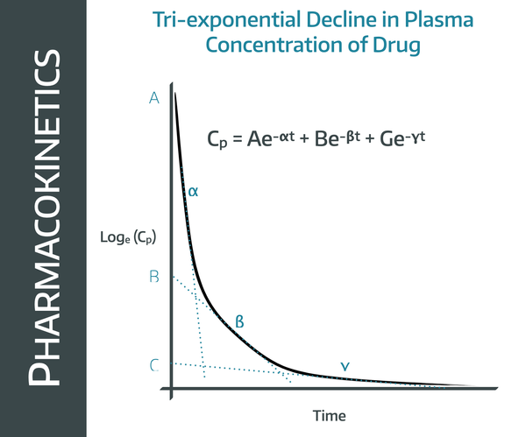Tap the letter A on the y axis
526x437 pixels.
(154, 99)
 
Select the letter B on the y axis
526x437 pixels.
(154, 278)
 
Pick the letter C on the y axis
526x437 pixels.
(154, 364)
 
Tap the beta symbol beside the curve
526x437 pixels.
(239, 322)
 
